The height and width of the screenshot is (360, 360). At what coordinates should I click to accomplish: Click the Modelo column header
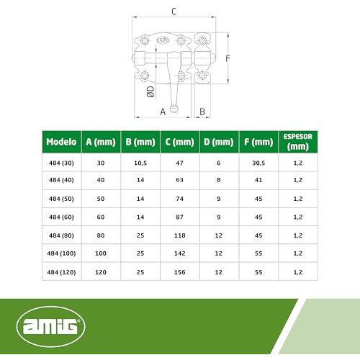coord(61,142)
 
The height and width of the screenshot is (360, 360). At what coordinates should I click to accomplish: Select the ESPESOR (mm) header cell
coord(298,142)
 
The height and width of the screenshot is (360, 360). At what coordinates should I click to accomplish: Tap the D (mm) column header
coord(219,142)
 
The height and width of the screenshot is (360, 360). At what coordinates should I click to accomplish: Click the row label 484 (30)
coord(61,163)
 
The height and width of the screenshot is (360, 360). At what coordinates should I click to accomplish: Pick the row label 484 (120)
coord(61,272)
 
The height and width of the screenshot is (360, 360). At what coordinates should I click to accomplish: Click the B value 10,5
coord(140,163)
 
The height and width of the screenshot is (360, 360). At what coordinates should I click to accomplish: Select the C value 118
coord(180,235)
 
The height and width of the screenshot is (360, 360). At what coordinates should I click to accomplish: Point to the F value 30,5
coord(258,163)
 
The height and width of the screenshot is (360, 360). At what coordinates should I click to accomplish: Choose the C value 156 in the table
coord(180,272)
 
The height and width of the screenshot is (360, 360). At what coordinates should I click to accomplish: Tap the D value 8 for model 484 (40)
coord(219,180)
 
